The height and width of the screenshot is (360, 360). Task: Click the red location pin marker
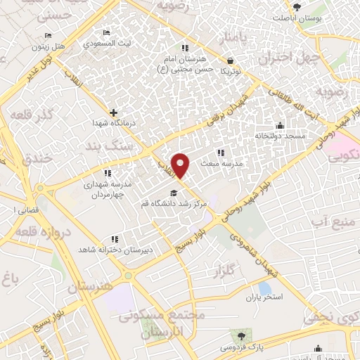tap(181, 165)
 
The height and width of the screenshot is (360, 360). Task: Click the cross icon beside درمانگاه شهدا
tap(113, 112)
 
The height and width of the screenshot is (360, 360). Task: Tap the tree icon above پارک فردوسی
tap(243, 335)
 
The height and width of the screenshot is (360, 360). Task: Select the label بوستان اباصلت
tap(316, 18)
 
